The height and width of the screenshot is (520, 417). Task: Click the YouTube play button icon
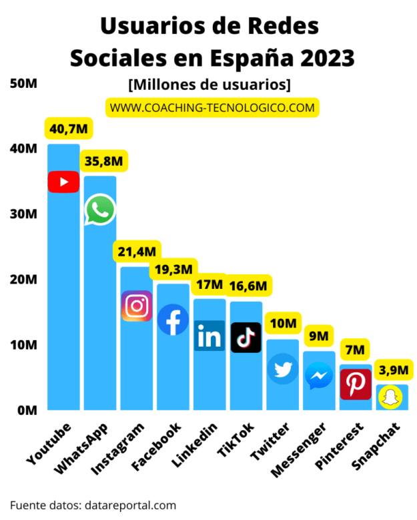63,182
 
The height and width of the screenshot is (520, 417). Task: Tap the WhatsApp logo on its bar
100,210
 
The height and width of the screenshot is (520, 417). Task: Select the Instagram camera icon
137,306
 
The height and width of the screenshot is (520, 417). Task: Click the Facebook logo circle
173,320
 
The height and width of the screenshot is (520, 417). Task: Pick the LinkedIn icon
210,336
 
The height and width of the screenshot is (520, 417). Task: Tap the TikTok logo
246,338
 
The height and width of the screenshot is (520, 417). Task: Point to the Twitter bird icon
282,369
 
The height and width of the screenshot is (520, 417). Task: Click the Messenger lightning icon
319,377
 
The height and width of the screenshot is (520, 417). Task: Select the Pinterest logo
356,384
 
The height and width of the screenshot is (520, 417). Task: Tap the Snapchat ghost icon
392,398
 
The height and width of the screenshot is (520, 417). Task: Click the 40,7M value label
69,129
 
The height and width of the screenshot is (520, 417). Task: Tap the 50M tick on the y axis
23,83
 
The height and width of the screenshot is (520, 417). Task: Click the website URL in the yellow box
212,107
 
